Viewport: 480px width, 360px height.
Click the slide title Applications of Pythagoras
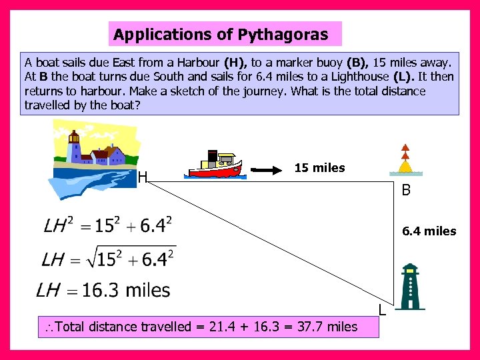(221, 34)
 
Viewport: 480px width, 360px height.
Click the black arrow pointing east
(269, 169)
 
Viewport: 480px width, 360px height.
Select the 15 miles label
(319, 168)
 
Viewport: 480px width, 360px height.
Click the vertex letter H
(142, 177)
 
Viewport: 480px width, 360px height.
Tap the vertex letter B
(405, 191)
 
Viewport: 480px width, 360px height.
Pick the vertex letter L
(381, 309)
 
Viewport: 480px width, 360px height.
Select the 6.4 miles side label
(429, 231)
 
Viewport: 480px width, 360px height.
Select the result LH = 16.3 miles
(103, 290)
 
